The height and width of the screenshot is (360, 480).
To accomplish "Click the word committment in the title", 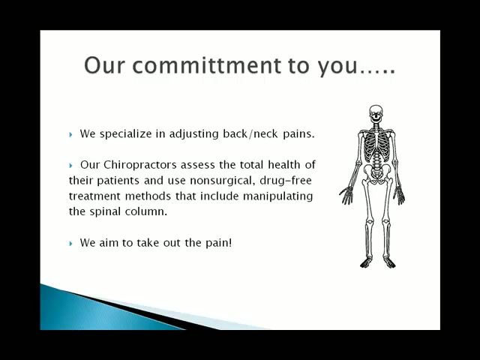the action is (207, 65).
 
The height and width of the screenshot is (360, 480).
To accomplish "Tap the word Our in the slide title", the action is (105, 65).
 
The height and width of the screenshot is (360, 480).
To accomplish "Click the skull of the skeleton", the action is (376, 114).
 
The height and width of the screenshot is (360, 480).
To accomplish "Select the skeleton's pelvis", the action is (376, 173).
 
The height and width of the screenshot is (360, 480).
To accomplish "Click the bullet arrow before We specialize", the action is (71, 134).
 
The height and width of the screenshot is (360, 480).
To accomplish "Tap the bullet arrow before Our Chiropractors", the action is (71, 166).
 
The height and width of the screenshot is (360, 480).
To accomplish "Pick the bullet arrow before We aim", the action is (71, 243).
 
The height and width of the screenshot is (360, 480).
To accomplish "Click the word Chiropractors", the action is (140, 165).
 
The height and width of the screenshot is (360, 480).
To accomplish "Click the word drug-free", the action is (286, 181).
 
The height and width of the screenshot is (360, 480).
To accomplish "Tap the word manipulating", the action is (278, 196).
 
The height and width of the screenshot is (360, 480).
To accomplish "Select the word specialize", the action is (126, 134).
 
